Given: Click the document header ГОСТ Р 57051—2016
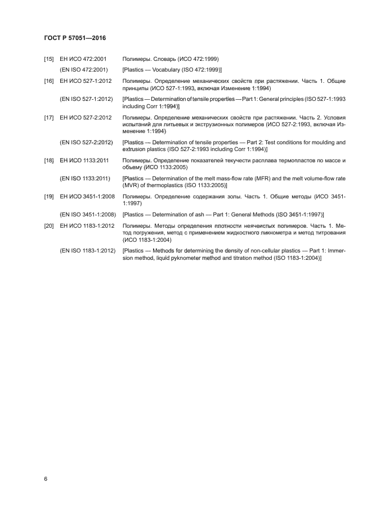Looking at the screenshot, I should coord(75,38).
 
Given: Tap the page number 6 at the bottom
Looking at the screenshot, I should coord(46,479).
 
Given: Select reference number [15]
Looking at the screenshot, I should coord(49,59).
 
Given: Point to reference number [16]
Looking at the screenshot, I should coord(49,82).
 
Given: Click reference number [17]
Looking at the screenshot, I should coord(49,118).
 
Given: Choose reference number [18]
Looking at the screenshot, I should coord(49,161).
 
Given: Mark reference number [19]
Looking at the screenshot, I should coord(49,197).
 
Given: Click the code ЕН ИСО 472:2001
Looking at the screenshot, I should coord(83,59).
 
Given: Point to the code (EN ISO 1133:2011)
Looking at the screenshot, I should coord(84,179).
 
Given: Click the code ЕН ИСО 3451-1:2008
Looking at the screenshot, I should coord(88,197).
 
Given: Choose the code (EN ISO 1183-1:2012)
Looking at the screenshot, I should coord(88,250).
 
